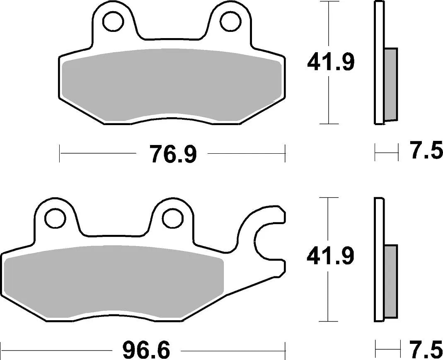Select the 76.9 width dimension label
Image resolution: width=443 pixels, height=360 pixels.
[172, 154]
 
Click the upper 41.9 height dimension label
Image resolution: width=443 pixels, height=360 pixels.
[330, 63]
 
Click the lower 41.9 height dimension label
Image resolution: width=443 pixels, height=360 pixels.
[330, 257]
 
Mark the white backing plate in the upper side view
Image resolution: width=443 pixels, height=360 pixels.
[379, 62]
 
